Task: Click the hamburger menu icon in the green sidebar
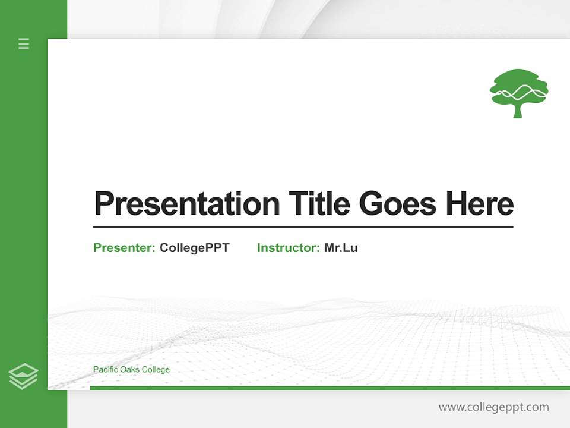pos(24,43)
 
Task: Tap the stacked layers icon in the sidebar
pos(23,376)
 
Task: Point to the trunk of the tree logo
pos(518,111)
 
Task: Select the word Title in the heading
pos(319,204)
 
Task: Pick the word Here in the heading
pos(480,204)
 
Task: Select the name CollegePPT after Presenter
pos(194,248)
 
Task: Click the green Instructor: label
pos(289,248)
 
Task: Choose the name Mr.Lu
pos(341,248)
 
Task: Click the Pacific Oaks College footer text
pos(131,370)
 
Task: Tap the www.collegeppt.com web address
pos(493,407)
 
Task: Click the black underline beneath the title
pos(303,226)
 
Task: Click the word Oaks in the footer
pos(130,370)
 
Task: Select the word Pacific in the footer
pos(105,370)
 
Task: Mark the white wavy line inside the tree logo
pos(518,93)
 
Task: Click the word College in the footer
pos(156,370)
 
